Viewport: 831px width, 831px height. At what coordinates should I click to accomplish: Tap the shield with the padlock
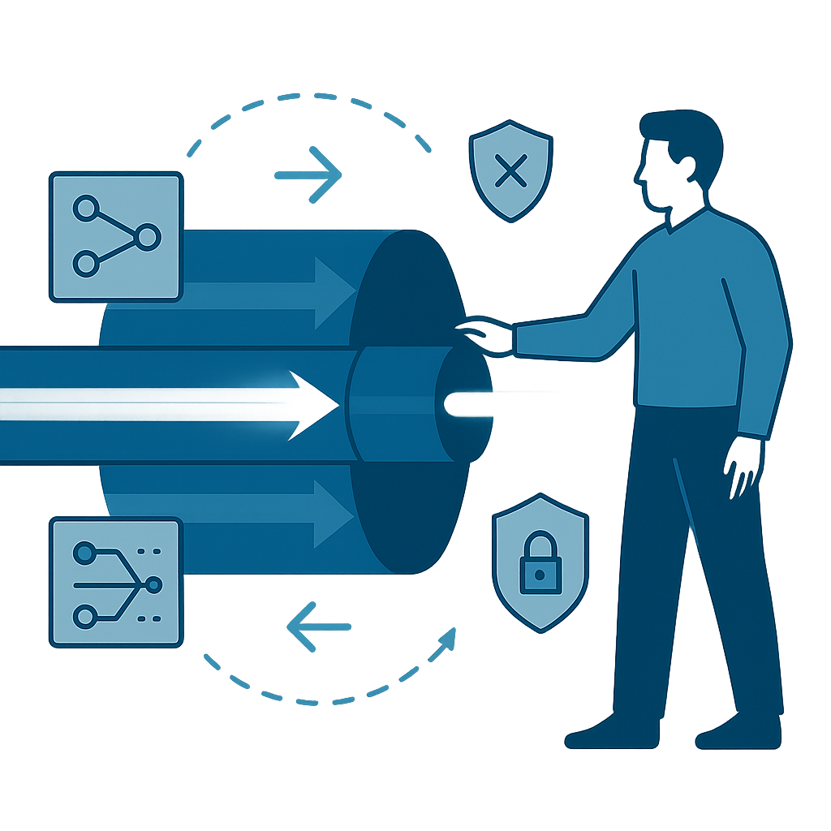540,560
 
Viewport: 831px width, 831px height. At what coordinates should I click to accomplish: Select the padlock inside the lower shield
540,569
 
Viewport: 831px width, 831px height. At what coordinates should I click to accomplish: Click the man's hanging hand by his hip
743,463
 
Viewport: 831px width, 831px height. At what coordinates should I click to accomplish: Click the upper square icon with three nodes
116,236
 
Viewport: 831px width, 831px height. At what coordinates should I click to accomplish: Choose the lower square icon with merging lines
116,583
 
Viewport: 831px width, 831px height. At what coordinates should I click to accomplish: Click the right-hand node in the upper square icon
148,237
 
